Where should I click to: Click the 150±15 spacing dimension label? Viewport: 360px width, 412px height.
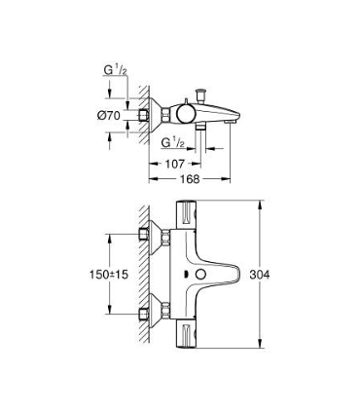(107, 276)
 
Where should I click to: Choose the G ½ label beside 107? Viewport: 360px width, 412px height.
(174, 140)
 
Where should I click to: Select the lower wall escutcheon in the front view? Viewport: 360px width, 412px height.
(150, 315)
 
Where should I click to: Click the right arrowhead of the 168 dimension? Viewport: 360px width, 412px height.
(228, 179)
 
